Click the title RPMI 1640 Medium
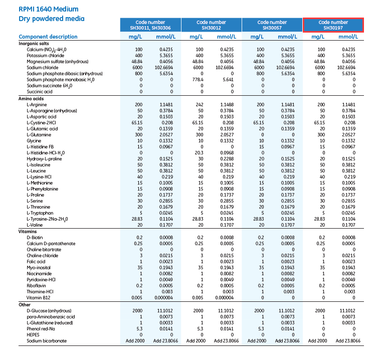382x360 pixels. tap(48, 9)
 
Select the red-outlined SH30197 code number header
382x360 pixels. tap(333, 25)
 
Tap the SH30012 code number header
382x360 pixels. tap(211, 25)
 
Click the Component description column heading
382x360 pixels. tap(48, 37)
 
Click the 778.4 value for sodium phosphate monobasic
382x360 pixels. tap(197, 80)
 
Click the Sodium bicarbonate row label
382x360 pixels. tap(47, 341)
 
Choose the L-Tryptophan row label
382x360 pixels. tap(40, 213)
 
